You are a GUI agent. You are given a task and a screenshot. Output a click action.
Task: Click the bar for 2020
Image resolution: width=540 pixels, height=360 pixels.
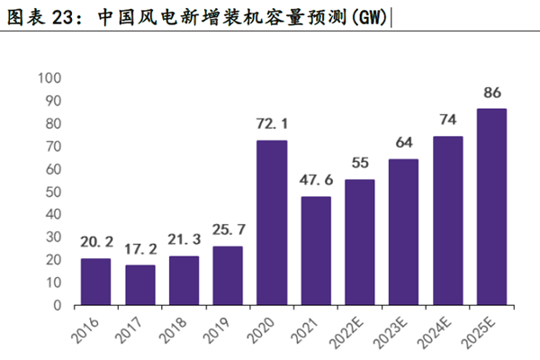(x=272, y=222)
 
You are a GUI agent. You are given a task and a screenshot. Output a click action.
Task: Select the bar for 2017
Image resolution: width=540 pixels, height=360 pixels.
(x=139, y=284)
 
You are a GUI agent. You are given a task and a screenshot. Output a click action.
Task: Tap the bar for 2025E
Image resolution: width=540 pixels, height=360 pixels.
(x=491, y=207)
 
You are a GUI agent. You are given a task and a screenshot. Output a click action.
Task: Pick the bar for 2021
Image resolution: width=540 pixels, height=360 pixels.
(x=316, y=250)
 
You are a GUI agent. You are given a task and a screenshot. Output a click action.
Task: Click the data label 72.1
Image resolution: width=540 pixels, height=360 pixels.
(x=272, y=121)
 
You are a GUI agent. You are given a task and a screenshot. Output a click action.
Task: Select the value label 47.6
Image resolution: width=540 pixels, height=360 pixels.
(x=316, y=179)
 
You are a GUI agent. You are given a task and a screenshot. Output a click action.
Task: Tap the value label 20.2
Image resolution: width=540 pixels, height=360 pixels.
(x=95, y=241)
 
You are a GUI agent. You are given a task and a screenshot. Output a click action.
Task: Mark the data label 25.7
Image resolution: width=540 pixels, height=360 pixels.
(x=228, y=229)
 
